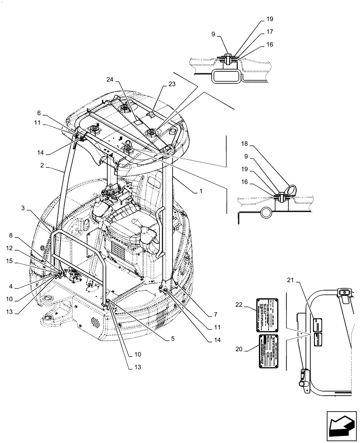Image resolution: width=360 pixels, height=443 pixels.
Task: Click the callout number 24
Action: pyautogui.click(x=110, y=80)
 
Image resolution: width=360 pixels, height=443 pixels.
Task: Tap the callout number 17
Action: pyautogui.click(x=270, y=32)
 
